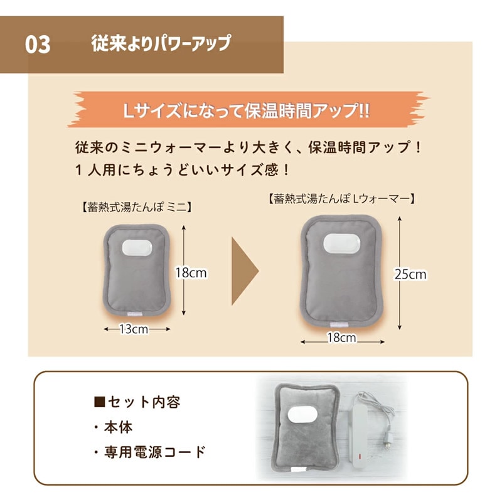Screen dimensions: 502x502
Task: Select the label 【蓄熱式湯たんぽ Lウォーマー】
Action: pyautogui.click(x=341, y=199)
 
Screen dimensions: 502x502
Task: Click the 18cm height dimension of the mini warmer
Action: pyautogui.click(x=191, y=272)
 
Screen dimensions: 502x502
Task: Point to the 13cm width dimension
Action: pyautogui.click(x=134, y=329)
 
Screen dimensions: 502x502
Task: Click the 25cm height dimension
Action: pyautogui.click(x=410, y=274)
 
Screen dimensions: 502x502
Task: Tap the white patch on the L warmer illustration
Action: pyautogui.click(x=341, y=243)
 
